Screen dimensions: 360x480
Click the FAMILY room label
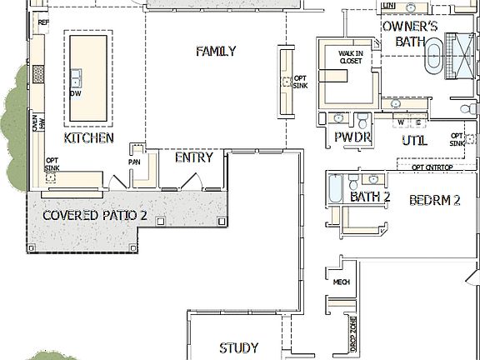pyautogui.click(x=216, y=52)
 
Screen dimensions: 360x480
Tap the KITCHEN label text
pyautogui.click(x=88, y=138)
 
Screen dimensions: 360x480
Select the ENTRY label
pyautogui.click(x=193, y=157)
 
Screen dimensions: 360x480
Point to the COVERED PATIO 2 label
pyautogui.click(x=95, y=215)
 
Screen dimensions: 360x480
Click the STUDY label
pyautogui.click(x=238, y=347)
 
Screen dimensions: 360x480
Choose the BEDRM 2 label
pyautogui.click(x=435, y=200)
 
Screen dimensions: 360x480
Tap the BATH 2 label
pyautogui.click(x=370, y=197)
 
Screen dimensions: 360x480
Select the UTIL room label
pyautogui.click(x=414, y=141)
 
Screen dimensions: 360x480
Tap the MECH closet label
pyautogui.click(x=341, y=282)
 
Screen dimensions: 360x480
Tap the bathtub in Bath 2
pyautogui.click(x=334, y=189)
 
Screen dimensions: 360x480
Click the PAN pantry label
pyautogui.click(x=133, y=162)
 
